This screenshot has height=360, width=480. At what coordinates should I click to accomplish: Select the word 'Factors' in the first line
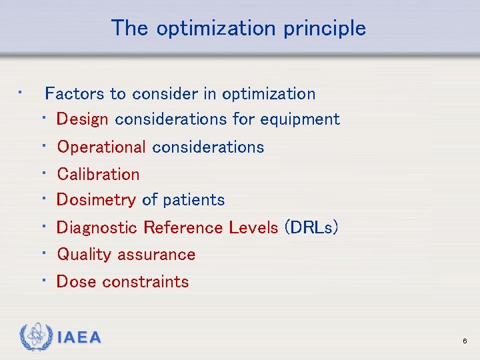click(x=71, y=93)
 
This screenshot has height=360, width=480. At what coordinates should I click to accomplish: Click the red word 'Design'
click(x=82, y=119)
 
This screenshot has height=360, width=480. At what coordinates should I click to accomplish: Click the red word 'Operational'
click(x=101, y=147)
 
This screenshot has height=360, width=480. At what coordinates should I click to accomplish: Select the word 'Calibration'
click(x=98, y=174)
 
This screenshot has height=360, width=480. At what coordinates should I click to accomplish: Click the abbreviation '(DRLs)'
click(x=311, y=228)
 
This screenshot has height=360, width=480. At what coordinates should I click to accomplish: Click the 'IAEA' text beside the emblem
click(x=79, y=338)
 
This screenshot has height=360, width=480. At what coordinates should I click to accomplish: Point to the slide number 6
click(x=464, y=341)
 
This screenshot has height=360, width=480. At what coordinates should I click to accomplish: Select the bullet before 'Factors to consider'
click(x=21, y=92)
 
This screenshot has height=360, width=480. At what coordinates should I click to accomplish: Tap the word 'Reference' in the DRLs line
click(x=183, y=228)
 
